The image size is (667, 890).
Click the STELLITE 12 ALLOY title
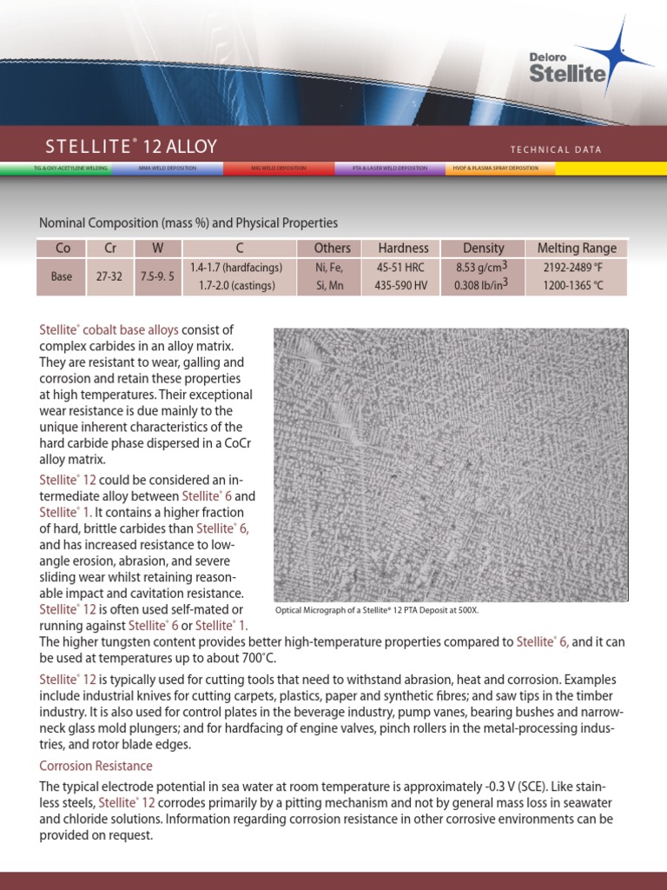coord(131,146)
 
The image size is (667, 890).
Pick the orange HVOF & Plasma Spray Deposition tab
coord(500,168)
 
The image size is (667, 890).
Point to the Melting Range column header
coord(577,249)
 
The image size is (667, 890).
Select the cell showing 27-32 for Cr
coord(109,277)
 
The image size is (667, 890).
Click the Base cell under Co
coord(62,277)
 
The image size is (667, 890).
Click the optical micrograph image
coord(451,464)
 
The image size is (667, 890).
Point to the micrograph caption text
coord(377,610)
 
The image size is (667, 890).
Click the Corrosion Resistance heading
coord(96,766)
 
